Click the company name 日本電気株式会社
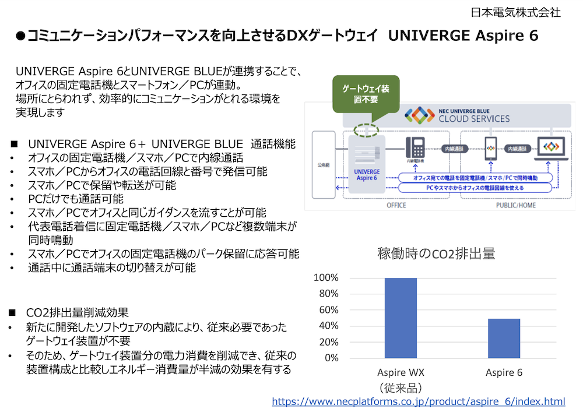(x=516, y=12)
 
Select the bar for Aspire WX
(x=401, y=318)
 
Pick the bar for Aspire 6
(x=504, y=338)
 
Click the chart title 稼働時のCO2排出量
(x=436, y=253)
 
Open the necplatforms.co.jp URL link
(x=419, y=402)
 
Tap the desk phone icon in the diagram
(x=415, y=147)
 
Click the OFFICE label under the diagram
(x=396, y=205)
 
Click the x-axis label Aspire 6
(x=504, y=373)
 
